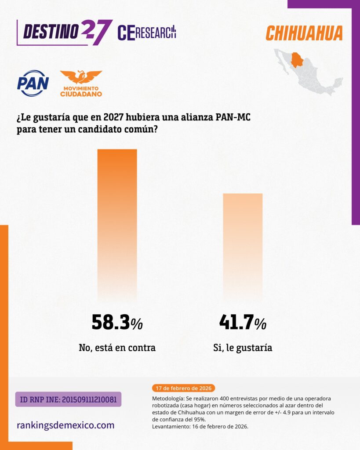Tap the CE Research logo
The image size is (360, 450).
pyautogui.click(x=147, y=33)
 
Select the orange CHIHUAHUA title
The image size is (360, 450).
pyautogui.click(x=304, y=33)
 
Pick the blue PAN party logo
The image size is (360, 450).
pyautogui.click(x=33, y=83)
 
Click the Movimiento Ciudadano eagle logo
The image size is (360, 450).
pyautogui.click(x=81, y=83)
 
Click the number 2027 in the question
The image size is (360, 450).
pyautogui.click(x=113, y=117)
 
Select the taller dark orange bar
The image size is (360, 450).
pyautogui.click(x=117, y=225)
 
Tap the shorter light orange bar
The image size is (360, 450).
pyautogui.click(x=243, y=247)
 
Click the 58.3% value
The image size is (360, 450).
pyautogui.click(x=117, y=322)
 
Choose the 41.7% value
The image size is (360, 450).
pyautogui.click(x=243, y=322)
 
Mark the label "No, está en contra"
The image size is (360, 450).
pyautogui.click(x=117, y=348)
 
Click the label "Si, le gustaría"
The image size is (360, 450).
pyautogui.click(x=243, y=348)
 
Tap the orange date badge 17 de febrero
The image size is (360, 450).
pyautogui.click(x=183, y=388)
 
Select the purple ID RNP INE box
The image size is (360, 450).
pyautogui.click(x=68, y=399)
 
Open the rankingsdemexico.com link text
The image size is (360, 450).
pyautogui.click(x=65, y=425)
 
